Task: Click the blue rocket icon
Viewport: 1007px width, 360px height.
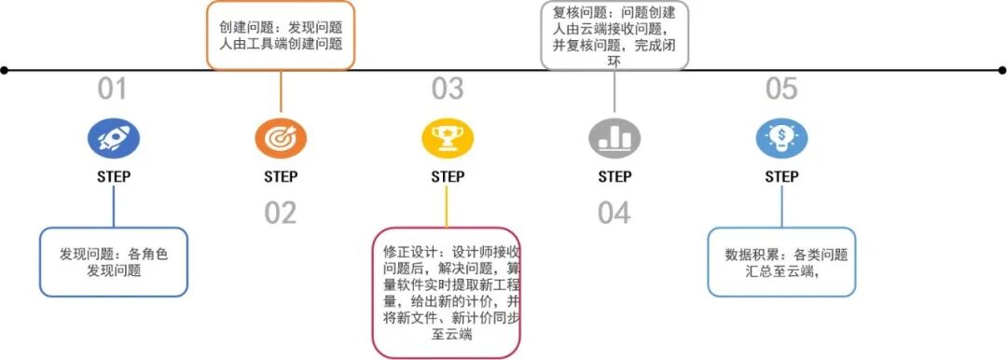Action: point(114,139)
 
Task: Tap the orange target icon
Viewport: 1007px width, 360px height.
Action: point(281,139)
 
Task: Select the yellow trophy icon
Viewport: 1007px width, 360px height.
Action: point(448,139)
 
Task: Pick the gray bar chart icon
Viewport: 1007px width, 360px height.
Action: point(614,139)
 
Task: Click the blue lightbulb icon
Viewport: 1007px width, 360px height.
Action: point(781,139)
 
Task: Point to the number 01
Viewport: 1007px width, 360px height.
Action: point(113,90)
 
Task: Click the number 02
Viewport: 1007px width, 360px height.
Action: point(280,214)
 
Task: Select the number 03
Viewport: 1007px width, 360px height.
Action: point(448,90)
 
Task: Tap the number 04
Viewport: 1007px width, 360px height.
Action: point(614,214)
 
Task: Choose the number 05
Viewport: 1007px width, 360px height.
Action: point(781,90)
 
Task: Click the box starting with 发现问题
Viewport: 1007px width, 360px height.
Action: point(114,262)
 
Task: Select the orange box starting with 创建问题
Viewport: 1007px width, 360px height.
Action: point(281,35)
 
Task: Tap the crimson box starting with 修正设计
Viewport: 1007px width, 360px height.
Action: point(447,293)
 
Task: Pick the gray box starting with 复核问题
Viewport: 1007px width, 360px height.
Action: point(614,35)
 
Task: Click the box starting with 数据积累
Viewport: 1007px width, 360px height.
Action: point(781,262)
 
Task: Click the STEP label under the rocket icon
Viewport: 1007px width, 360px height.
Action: point(114,177)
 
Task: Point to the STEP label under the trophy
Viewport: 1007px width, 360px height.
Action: point(448,177)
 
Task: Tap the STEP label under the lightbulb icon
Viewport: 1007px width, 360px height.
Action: point(781,177)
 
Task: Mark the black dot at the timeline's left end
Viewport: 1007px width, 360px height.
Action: point(5,70)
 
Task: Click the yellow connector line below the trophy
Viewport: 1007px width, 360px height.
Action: point(448,206)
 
